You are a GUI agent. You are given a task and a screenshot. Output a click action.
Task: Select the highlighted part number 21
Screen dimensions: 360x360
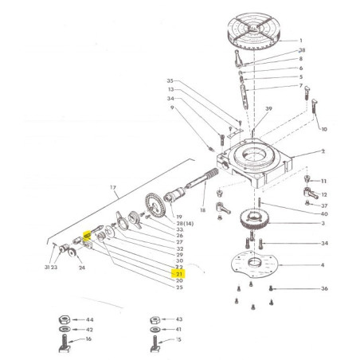(x=178, y=273)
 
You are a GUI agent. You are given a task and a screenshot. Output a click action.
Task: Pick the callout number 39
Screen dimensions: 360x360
(x=269, y=109)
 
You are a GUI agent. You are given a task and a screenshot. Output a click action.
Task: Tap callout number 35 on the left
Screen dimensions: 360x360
(x=170, y=81)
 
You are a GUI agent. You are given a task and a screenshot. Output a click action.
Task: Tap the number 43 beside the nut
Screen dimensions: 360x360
(x=178, y=319)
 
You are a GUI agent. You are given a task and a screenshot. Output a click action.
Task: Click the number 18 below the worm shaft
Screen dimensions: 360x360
(x=202, y=209)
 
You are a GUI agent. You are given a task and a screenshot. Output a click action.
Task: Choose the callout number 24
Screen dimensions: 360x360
(x=81, y=268)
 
